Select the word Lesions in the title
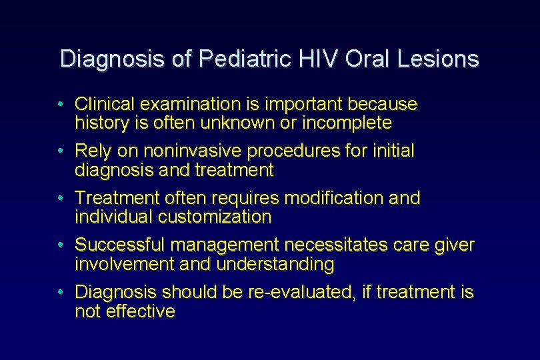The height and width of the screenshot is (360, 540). [438, 59]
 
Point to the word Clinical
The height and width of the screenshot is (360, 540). [103, 105]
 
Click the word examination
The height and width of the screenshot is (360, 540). [187, 105]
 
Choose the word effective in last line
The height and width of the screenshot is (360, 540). [141, 311]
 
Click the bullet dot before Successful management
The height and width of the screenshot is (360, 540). [61, 245]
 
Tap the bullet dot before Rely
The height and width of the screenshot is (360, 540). [61, 151]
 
